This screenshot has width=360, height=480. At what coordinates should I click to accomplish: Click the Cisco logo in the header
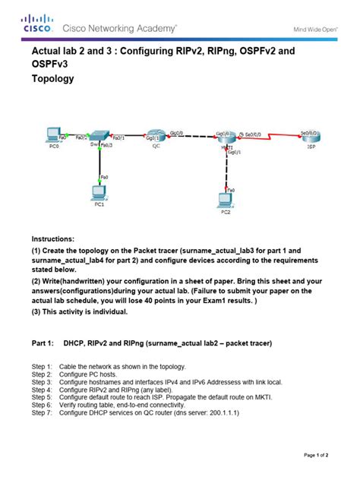coord(37,24)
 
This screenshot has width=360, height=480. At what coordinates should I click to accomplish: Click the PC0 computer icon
coord(53,135)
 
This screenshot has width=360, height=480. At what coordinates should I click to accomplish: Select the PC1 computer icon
coord(99,192)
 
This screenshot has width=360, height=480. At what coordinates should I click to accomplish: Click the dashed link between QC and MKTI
coord(190,139)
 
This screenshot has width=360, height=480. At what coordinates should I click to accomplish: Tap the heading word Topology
coord(52,78)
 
